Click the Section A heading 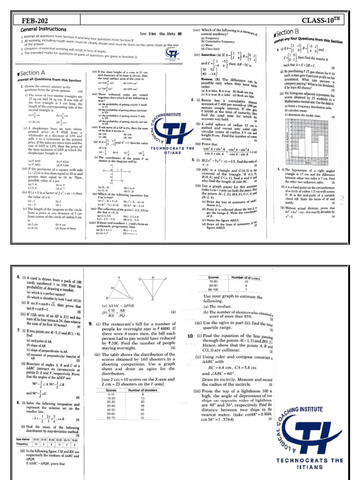(32, 73)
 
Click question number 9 (90, 323)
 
